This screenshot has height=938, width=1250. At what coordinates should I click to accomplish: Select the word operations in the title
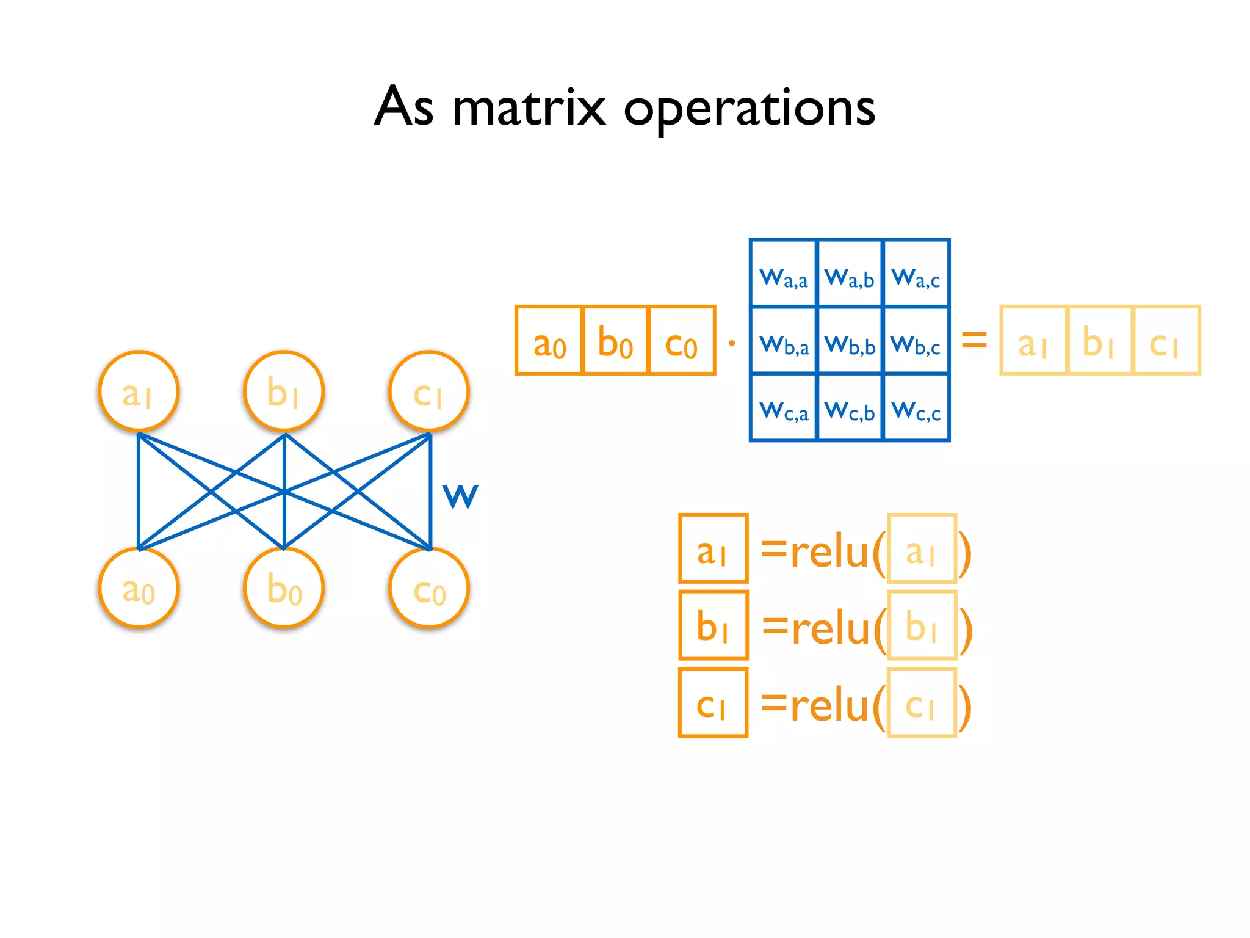(750, 109)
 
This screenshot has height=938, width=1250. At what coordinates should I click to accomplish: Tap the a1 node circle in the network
(139, 391)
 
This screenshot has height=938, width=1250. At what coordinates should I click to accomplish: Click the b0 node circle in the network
(284, 588)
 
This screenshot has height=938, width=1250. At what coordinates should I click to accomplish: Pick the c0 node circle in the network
(429, 588)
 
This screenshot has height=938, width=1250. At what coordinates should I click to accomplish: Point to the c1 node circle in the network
(429, 391)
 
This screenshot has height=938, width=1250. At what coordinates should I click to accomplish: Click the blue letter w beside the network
(460, 495)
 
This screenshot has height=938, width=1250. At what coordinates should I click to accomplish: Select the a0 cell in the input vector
(549, 340)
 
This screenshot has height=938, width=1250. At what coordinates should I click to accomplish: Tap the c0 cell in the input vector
(682, 340)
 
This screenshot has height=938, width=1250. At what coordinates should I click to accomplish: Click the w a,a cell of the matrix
(783, 274)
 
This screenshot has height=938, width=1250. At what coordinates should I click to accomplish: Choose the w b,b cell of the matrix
(850, 340)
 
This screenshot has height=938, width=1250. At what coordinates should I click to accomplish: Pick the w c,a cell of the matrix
(783, 407)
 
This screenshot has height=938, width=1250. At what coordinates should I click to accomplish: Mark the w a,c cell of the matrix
(916, 274)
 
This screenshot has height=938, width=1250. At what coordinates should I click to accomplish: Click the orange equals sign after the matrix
(974, 340)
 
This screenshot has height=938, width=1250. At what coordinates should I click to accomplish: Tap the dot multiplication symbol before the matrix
(732, 343)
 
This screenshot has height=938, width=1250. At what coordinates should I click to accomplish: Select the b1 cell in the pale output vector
(1099, 340)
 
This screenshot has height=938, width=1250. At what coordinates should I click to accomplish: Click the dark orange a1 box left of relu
(713, 548)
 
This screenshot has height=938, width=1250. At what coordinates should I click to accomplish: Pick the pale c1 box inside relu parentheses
(922, 702)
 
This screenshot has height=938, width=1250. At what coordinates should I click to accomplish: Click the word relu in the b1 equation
(830, 628)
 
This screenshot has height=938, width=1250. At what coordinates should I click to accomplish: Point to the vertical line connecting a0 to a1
(139, 492)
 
